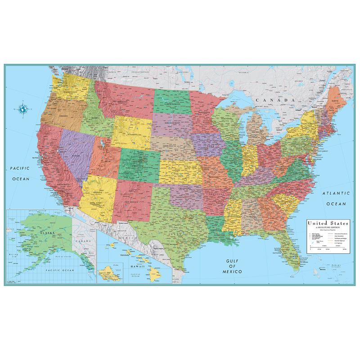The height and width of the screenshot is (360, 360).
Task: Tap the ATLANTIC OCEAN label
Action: click(x=335, y=198)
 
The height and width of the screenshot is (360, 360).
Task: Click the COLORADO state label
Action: click(x=136, y=164)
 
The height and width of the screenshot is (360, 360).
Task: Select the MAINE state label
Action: click(x=335, y=101)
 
